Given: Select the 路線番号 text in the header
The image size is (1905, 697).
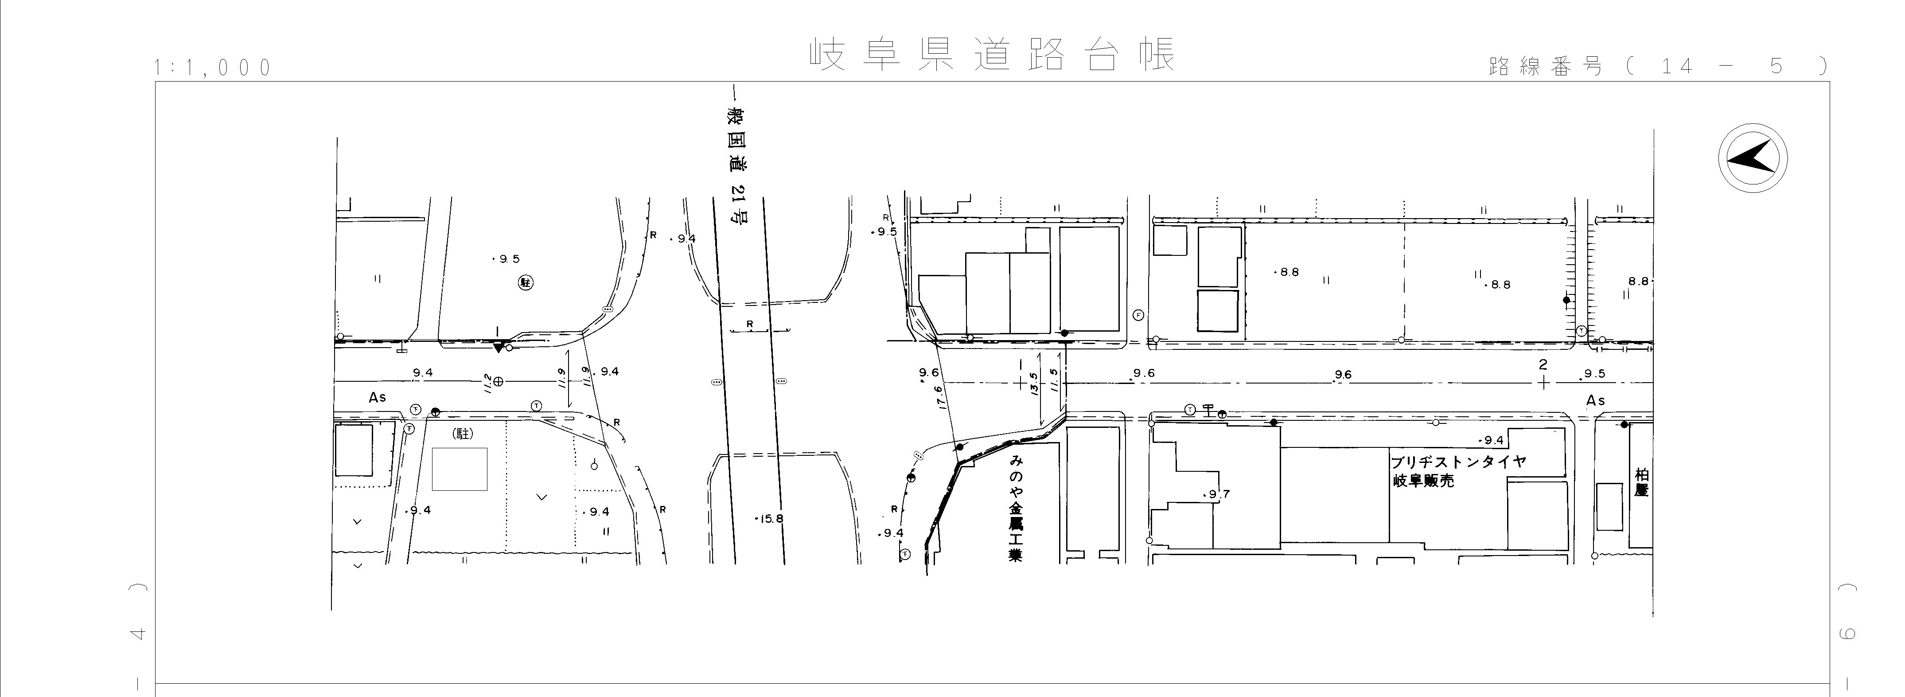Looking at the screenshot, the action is click(x=1545, y=67).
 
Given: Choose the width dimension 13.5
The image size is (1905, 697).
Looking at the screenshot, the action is click(x=1034, y=383).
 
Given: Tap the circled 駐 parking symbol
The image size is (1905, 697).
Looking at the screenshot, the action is click(x=526, y=282).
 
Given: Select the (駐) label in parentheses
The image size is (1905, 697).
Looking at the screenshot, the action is click(x=463, y=435).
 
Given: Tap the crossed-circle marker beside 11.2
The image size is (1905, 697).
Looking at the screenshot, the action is click(x=499, y=382).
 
